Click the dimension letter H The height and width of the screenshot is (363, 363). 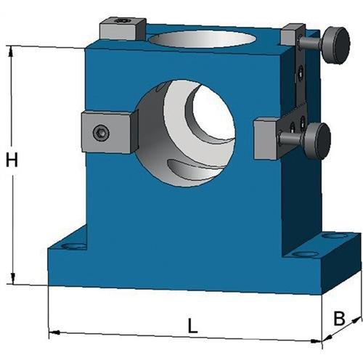pyautogui.click(x=12, y=160)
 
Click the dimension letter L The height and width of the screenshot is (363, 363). pyautogui.click(x=193, y=325)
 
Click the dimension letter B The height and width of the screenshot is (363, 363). pyautogui.click(x=339, y=319)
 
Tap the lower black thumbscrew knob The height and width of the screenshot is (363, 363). pyautogui.click(x=317, y=141)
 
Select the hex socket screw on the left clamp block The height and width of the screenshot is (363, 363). pyautogui.click(x=101, y=133)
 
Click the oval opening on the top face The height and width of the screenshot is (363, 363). pyautogui.click(x=203, y=38)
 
